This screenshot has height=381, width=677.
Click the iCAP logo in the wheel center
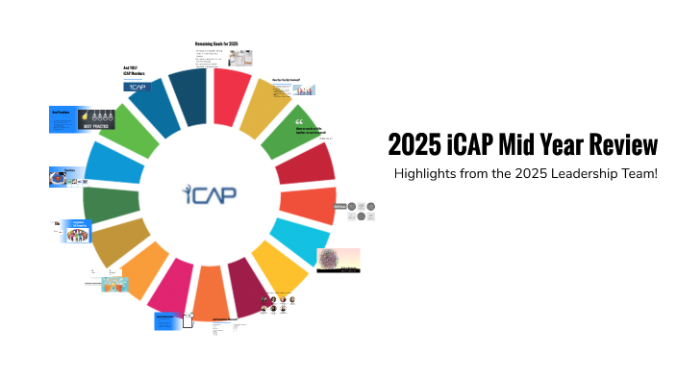click(210, 193)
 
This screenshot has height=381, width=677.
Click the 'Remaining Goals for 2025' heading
click(216, 45)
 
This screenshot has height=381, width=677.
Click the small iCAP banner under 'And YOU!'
click(137, 86)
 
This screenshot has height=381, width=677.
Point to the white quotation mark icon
click(299, 123)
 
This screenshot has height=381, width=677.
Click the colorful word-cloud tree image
click(338, 260)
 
